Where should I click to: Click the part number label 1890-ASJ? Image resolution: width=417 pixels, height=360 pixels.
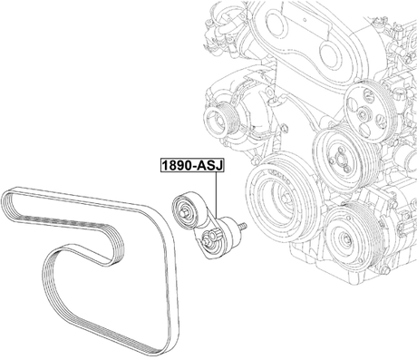(x=189, y=166)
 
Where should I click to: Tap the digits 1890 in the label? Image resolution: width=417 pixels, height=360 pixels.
(x=176, y=166)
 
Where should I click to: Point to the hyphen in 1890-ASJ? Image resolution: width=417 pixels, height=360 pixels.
(x=192, y=167)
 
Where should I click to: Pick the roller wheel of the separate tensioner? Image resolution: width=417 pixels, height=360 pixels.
(x=187, y=211)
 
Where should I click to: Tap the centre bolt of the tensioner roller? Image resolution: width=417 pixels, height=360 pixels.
(x=186, y=212)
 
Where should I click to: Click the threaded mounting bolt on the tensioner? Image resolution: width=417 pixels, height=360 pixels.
(x=238, y=226)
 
